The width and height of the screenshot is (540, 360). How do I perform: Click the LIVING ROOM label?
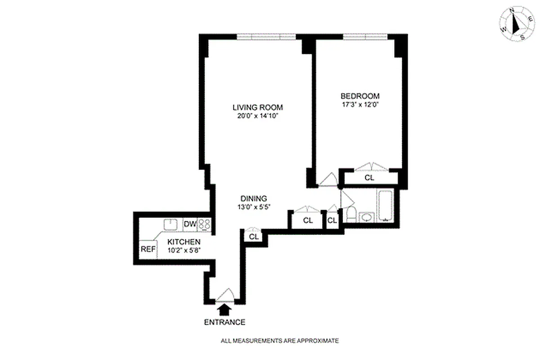point(257,107)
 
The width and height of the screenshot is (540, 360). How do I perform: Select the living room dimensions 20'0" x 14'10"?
point(257,116)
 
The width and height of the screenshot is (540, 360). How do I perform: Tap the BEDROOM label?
point(360,96)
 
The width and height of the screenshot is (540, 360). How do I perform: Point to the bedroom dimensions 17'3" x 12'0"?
point(360,104)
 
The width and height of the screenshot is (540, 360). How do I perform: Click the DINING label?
point(254,198)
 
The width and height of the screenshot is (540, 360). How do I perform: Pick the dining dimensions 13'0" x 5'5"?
point(254,207)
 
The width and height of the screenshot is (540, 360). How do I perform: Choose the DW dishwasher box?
point(189,224)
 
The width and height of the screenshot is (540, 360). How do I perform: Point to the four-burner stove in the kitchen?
point(204,224)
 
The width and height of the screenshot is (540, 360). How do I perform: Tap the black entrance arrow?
point(224,310)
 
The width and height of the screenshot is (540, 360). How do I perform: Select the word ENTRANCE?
point(225,322)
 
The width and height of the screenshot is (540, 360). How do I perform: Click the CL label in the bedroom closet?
point(369,178)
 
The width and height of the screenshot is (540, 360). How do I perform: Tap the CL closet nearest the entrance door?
point(253,237)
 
